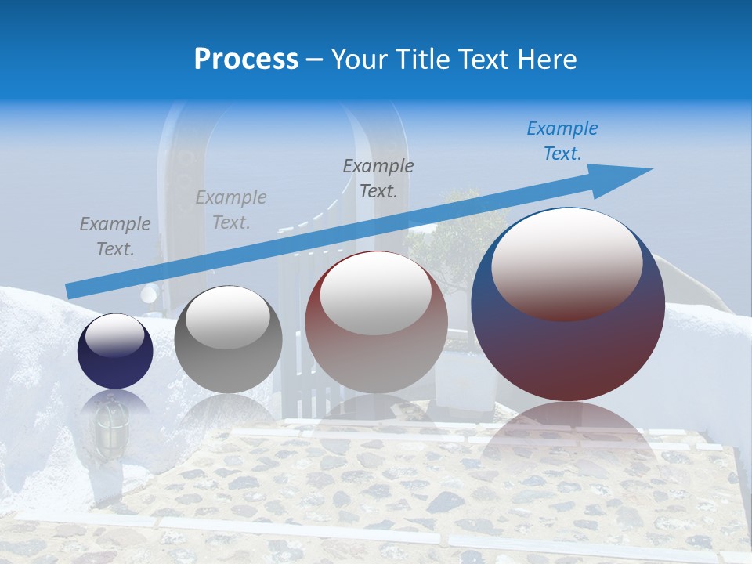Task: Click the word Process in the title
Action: (x=246, y=60)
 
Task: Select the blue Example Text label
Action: (x=562, y=141)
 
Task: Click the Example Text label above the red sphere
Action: (x=378, y=179)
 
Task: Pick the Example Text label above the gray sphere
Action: (x=231, y=210)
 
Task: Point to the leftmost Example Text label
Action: (x=115, y=237)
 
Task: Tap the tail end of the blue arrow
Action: (x=70, y=291)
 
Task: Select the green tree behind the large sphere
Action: (x=454, y=235)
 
